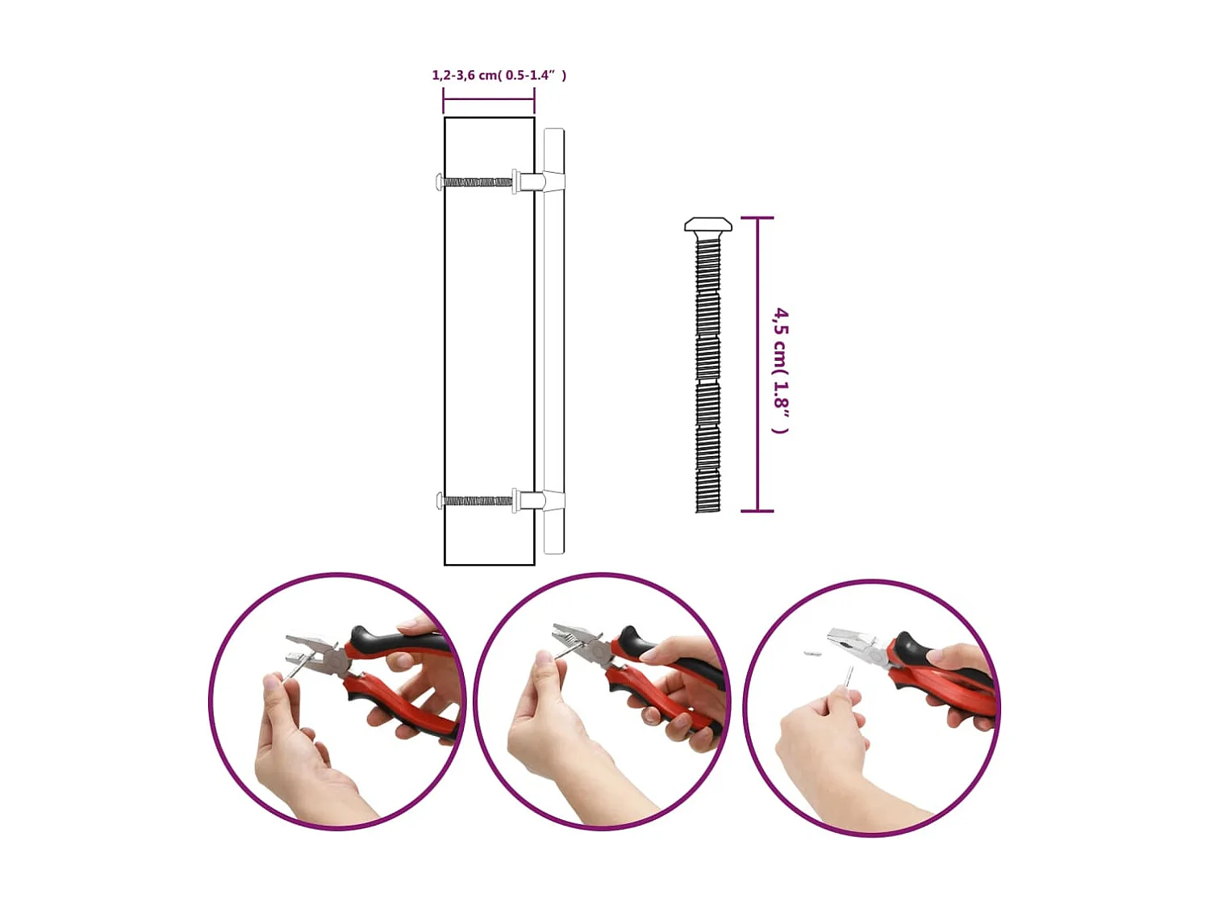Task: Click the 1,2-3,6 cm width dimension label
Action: tap(499, 75)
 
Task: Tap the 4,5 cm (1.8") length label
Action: tap(780, 370)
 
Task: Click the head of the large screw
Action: tap(708, 224)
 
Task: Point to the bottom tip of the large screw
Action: tap(708, 508)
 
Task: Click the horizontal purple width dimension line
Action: tap(489, 99)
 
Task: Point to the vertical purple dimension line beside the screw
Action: tap(757, 363)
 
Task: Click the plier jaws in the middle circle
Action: tap(573, 635)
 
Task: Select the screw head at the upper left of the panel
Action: tap(439, 182)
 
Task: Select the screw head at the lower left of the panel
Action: tap(439, 500)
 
